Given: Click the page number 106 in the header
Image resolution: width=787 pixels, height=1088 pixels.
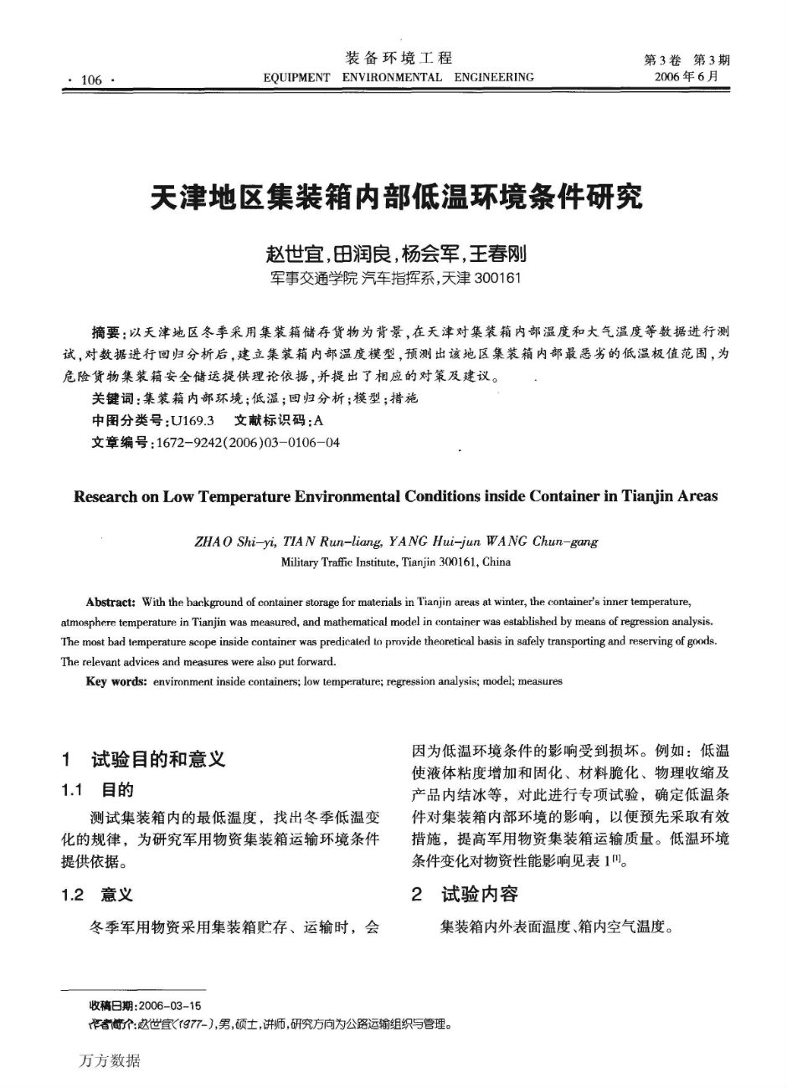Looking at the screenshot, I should click(90, 80).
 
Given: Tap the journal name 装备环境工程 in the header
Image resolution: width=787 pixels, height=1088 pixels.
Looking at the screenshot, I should click(399, 58).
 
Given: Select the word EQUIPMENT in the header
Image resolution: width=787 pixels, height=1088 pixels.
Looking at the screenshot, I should click(296, 78).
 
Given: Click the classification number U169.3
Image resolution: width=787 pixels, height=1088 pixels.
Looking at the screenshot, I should click(193, 420).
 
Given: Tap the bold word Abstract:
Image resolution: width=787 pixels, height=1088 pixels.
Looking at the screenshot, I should click(111, 602).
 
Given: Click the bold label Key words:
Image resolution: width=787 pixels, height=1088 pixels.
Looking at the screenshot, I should click(116, 681).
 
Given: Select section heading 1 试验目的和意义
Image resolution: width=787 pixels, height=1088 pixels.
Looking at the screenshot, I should click(143, 759).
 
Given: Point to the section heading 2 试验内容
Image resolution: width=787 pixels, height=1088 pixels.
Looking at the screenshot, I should click(466, 894).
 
